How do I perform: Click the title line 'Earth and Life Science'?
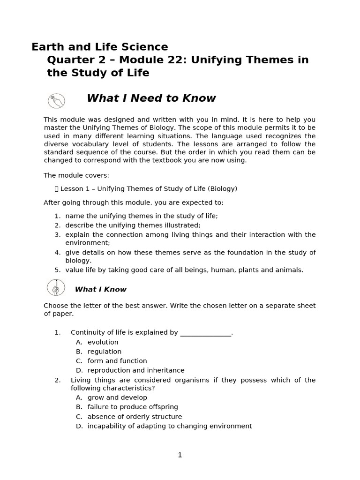[x=99, y=47]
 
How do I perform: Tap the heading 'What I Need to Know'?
[x=151, y=98]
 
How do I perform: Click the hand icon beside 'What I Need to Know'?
[x=56, y=100]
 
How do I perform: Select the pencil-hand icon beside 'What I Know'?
[x=56, y=287]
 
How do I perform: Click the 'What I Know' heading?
[x=100, y=289]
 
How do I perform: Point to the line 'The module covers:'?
[x=76, y=175]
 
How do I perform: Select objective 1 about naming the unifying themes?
[x=141, y=216]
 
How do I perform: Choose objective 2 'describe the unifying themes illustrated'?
[x=133, y=225]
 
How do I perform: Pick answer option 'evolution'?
[x=103, y=342]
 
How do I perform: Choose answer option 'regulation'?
[x=104, y=352]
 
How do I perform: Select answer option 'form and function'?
[x=117, y=361]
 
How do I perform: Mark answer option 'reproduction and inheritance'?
[x=135, y=370]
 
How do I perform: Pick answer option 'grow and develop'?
[x=117, y=397]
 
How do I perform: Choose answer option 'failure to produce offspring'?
[x=132, y=407]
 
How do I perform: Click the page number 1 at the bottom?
[x=180, y=455]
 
